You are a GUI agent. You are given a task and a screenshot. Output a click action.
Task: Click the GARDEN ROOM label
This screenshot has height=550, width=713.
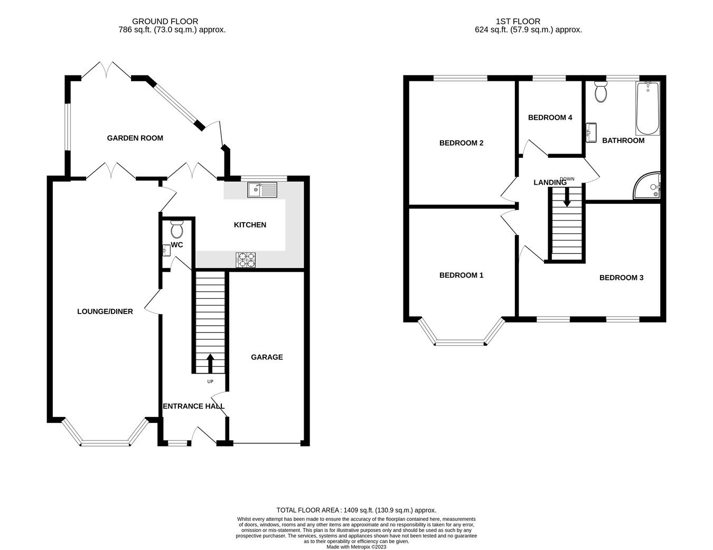(135, 138)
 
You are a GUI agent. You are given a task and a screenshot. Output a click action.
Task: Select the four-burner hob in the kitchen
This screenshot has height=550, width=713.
(246, 260)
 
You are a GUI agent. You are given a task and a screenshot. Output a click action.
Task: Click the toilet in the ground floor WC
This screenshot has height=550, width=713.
(176, 229)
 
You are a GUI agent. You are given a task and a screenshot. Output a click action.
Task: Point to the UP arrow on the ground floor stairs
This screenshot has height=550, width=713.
(210, 363)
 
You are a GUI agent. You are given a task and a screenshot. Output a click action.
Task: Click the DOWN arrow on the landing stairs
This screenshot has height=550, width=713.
(567, 197)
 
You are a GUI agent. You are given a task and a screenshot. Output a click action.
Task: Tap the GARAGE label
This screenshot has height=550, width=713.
(267, 357)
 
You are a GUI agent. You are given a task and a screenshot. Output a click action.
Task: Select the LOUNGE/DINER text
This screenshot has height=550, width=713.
(105, 311)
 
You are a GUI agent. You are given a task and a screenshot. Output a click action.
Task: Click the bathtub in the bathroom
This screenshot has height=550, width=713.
(648, 108)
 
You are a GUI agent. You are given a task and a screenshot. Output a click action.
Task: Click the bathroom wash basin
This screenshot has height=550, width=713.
(591, 132)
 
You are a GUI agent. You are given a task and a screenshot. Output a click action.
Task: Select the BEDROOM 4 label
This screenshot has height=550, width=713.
(550, 118)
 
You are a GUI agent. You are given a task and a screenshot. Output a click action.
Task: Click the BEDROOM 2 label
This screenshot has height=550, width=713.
(462, 143)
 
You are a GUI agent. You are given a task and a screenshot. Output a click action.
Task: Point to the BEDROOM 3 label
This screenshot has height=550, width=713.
(621, 278)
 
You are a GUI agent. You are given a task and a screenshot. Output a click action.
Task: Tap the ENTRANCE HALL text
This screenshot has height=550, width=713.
(193, 406)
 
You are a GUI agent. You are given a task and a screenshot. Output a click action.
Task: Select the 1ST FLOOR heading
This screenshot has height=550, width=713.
(518, 21)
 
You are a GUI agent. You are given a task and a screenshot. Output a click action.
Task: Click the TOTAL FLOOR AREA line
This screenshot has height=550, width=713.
(356, 510)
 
